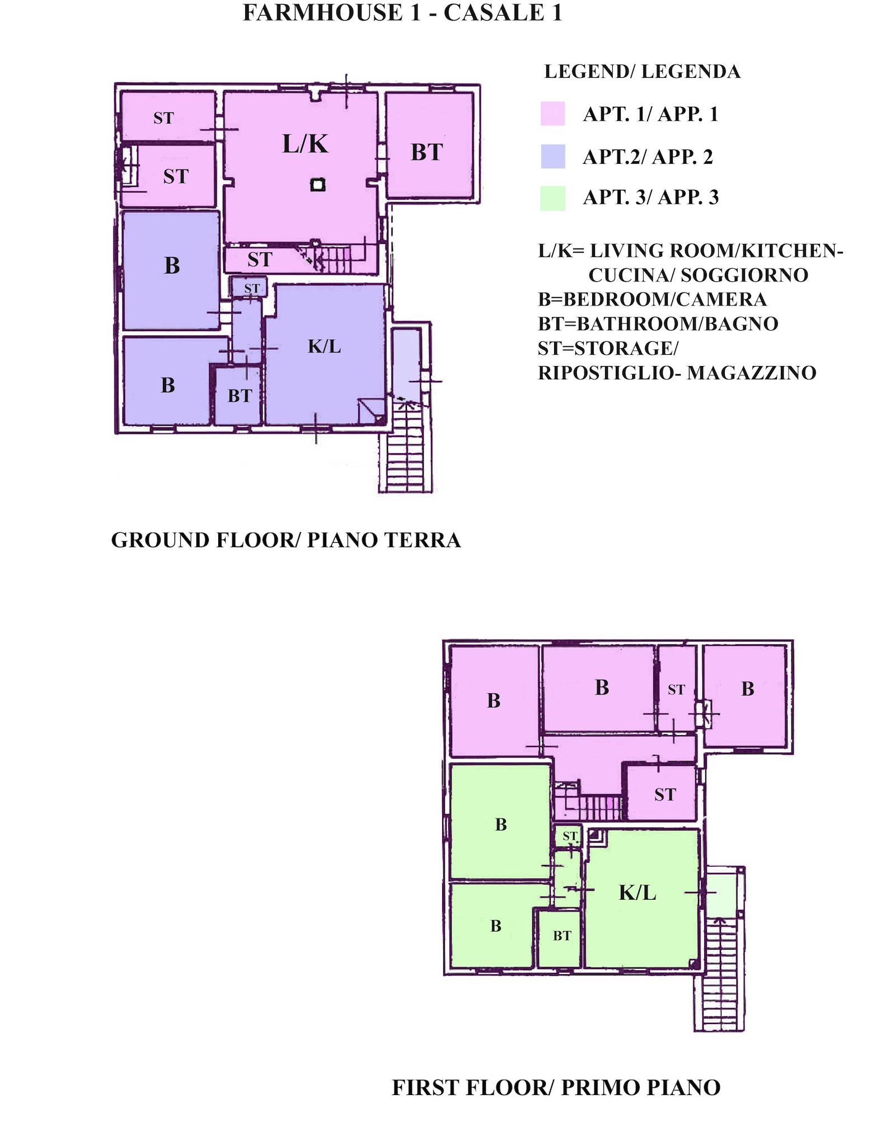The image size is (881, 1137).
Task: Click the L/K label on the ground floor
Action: coord(305,144)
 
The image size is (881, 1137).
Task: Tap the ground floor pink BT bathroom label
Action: coord(427,152)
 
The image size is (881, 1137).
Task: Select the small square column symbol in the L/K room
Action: coord(318,185)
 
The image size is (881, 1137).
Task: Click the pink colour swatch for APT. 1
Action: coord(552,114)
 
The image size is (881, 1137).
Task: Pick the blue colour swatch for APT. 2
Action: coord(553,156)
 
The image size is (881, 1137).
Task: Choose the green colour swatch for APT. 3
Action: coord(552,198)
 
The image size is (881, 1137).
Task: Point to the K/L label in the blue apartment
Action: coord(325,346)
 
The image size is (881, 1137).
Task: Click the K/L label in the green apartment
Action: coord(638,892)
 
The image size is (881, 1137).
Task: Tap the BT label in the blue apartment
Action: coord(240,396)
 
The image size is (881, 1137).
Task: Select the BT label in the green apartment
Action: coord(563,936)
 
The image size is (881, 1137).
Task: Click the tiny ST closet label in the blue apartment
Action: coord(252,289)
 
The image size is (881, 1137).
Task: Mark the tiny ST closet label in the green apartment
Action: coord(570,837)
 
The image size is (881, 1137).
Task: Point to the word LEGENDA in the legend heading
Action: coord(691,72)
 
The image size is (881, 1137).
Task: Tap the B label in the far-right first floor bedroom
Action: coord(748,689)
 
